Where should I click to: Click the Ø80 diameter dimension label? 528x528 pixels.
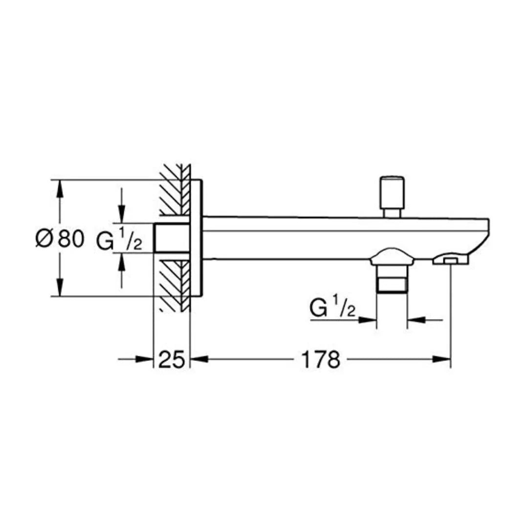[60, 239]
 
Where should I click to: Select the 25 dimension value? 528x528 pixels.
[172, 360]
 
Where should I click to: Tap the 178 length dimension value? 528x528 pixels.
[320, 360]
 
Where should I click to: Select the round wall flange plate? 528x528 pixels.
[196, 238]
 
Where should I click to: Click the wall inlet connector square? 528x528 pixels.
[172, 238]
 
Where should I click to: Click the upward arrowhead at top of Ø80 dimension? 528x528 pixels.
[60, 189]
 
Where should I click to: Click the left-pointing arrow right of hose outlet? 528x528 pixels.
[416, 320]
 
